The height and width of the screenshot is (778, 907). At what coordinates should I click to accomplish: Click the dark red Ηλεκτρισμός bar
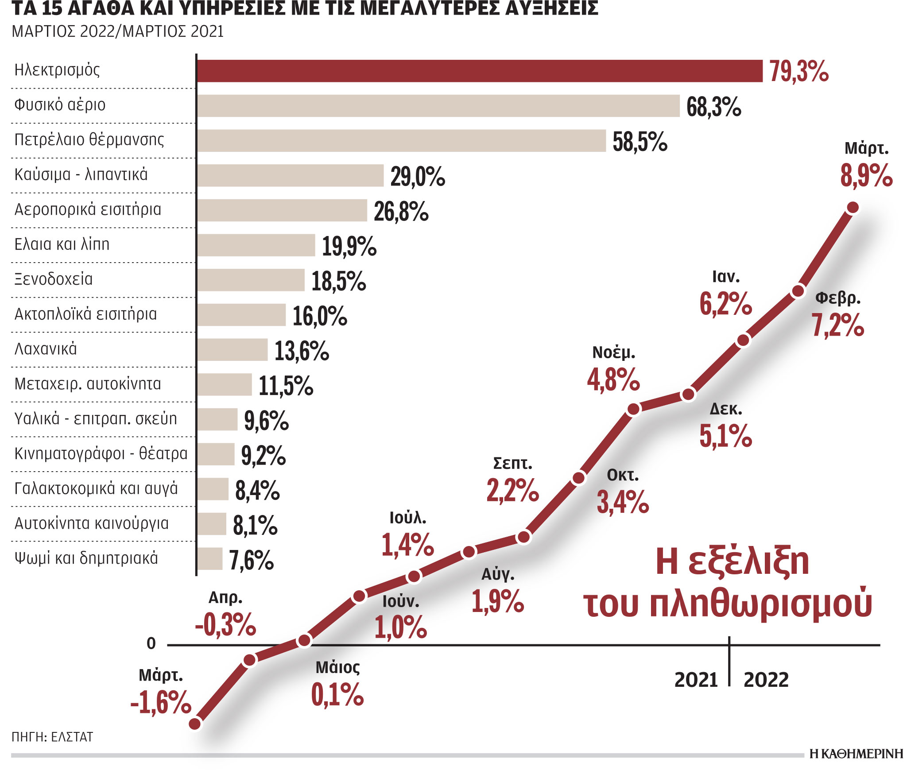tap(479, 71)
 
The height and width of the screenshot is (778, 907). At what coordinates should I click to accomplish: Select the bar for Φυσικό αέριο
tap(438, 106)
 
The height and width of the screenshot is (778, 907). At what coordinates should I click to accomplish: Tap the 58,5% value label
tap(640, 142)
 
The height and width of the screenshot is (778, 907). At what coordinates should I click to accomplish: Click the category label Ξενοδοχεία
tap(54, 279)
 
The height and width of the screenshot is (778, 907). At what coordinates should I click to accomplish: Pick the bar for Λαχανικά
tap(233, 350)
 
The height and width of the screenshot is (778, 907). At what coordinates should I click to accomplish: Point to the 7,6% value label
tap(251, 560)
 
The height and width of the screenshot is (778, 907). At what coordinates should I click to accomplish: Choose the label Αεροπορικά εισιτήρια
tap(88, 209)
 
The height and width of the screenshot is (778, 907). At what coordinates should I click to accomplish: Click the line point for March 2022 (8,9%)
tap(853, 207)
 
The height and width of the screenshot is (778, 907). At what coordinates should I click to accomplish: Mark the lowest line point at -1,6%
tap(195, 724)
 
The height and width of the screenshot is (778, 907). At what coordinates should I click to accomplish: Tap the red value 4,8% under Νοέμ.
tap(613, 380)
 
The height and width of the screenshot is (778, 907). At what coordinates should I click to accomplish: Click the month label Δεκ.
tap(725, 409)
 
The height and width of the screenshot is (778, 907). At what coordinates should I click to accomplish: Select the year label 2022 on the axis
tap(766, 680)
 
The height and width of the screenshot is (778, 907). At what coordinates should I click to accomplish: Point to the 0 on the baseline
tap(151, 644)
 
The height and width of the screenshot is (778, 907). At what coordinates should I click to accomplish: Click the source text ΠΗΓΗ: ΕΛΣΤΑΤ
tap(52, 737)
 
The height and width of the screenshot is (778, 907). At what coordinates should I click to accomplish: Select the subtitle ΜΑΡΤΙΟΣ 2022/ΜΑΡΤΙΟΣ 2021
tap(117, 32)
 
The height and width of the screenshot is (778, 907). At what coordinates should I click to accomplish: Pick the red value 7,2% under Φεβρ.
tap(837, 325)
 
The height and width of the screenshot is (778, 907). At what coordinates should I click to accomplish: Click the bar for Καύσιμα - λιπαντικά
tap(290, 175)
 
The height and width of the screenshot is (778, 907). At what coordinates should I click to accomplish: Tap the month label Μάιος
tap(337, 667)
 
